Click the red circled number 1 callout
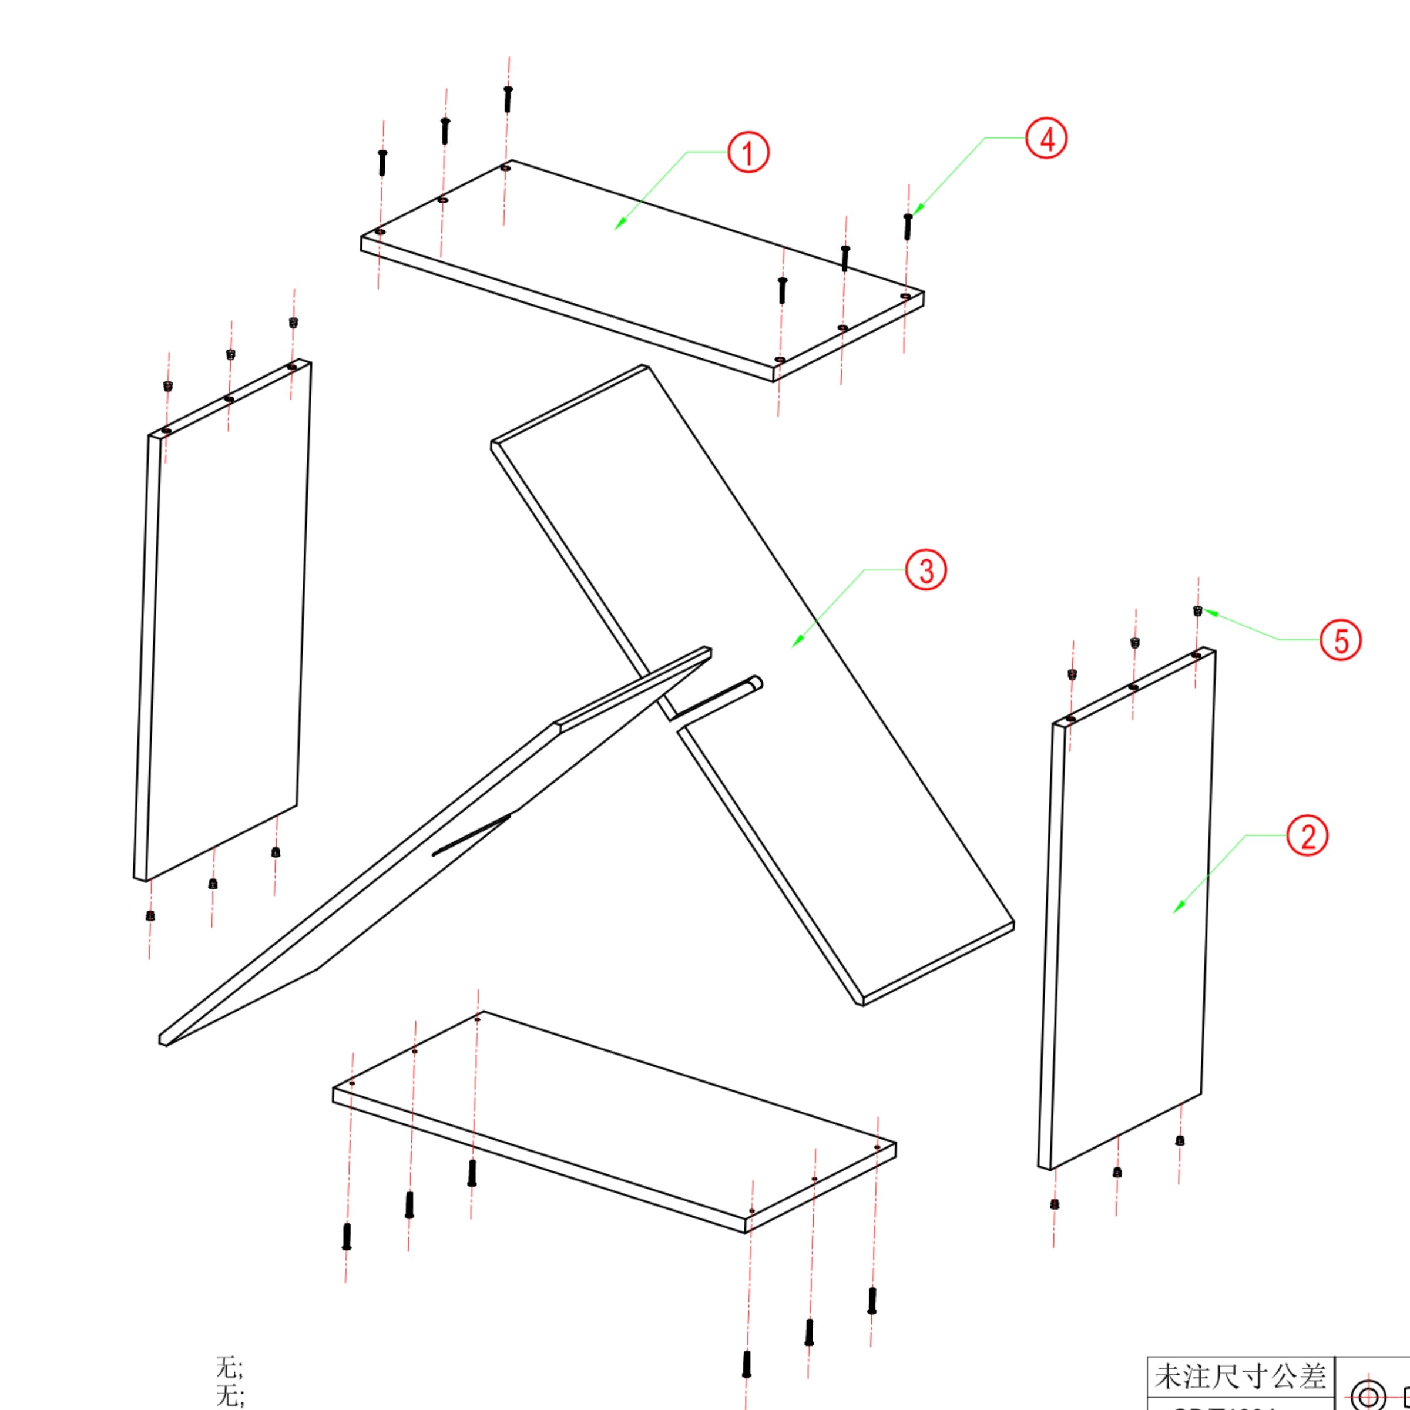click(748, 153)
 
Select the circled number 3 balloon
click(926, 570)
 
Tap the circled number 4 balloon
click(1046, 139)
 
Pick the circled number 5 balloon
click(1341, 640)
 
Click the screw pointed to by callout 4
click(908, 226)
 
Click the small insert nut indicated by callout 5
click(1198, 611)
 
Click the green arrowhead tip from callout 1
click(615, 229)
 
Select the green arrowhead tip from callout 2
click(1174, 912)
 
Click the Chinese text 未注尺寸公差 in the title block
click(1240, 1377)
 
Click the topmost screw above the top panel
click(508, 99)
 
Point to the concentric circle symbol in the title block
click(1368, 1394)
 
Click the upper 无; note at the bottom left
click(229, 1366)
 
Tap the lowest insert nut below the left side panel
click(150, 915)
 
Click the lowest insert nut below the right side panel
click(1055, 1203)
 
